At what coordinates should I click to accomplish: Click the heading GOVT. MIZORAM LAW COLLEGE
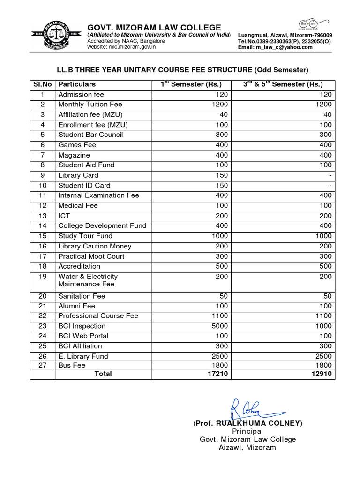(154, 27)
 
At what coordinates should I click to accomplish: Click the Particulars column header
(77, 84)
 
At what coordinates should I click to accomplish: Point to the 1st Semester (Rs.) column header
(191, 84)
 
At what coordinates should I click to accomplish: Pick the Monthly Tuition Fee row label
(90, 105)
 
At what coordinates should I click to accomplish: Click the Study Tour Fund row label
(85, 236)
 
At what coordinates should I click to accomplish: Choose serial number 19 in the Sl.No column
(43, 277)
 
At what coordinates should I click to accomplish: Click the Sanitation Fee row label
(82, 296)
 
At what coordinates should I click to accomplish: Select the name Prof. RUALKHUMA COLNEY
(248, 423)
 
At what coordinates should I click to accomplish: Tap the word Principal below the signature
(247, 431)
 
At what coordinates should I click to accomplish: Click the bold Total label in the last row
(103, 374)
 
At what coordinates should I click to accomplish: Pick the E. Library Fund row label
(83, 356)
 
